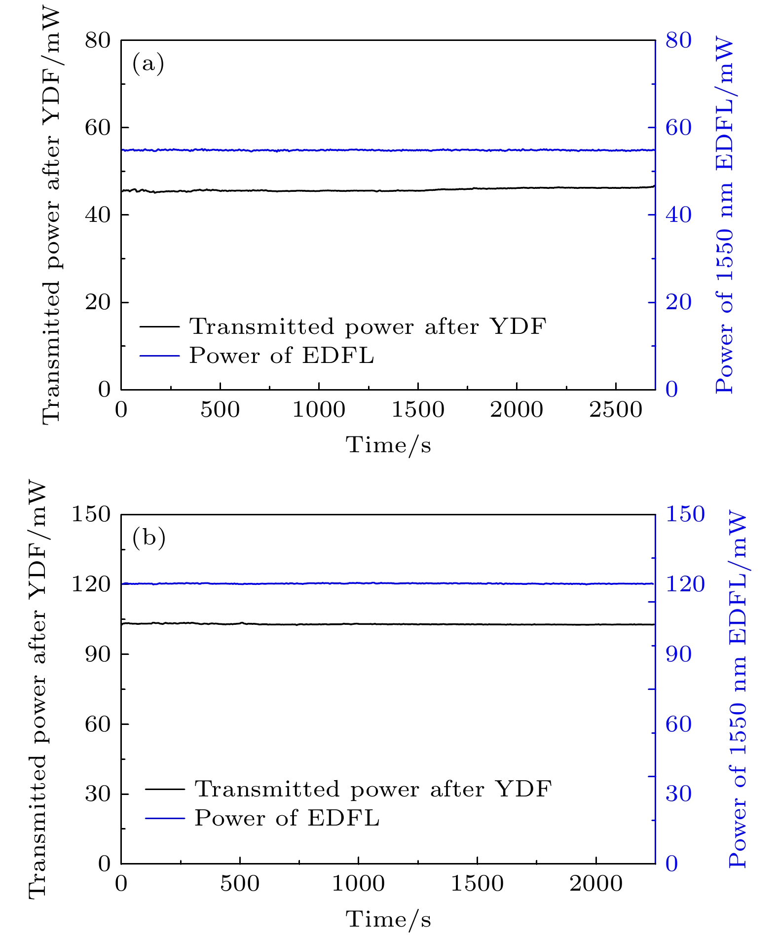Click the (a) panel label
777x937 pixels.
click(148, 64)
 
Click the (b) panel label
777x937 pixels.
click(148, 538)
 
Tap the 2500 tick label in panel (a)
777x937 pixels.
click(616, 410)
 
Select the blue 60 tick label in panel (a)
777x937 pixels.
click(679, 128)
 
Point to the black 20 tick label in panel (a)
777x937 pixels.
click(98, 302)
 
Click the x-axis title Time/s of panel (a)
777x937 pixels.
click(388, 445)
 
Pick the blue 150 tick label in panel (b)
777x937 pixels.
click(685, 514)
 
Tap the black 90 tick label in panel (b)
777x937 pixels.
click(98, 654)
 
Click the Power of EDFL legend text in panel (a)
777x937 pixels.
click(282, 356)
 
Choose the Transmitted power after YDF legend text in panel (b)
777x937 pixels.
click(373, 790)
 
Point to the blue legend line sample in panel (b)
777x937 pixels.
click(165, 818)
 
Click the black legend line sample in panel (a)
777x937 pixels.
click(159, 326)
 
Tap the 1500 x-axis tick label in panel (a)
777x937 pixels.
click(418, 410)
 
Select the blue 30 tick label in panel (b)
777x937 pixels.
click(679, 794)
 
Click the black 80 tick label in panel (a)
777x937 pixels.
click(98, 40)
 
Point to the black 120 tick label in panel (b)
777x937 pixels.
click(91, 584)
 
